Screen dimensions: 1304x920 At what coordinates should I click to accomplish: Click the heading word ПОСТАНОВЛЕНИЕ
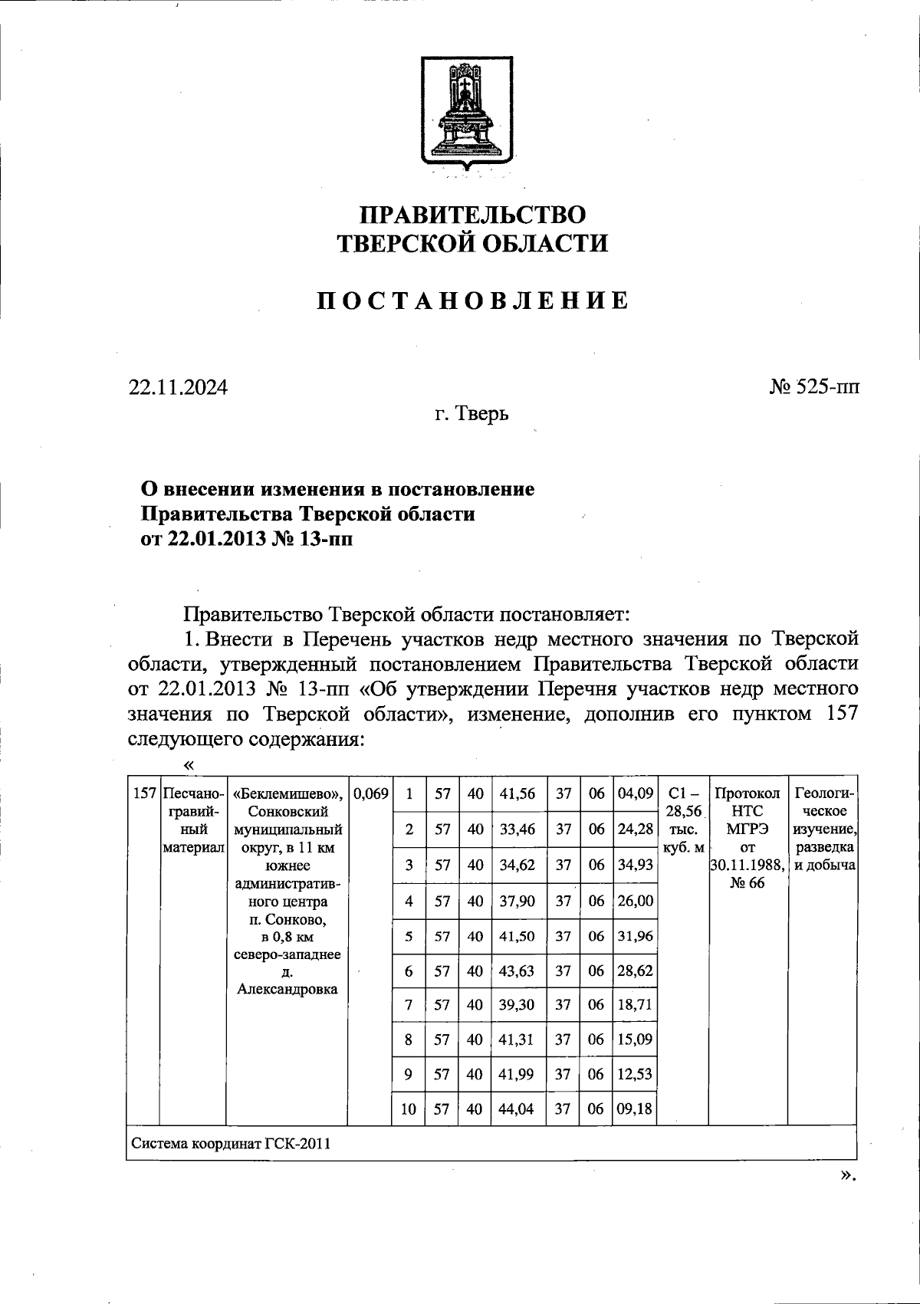473,300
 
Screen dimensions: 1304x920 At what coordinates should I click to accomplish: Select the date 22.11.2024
178,388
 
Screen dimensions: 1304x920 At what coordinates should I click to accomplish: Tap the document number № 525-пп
814,387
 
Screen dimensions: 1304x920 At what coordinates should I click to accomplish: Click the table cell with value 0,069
370,793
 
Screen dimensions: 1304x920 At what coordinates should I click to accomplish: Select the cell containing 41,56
517,794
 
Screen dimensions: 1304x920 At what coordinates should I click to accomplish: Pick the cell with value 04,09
635,794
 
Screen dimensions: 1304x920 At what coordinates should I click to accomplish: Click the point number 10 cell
409,1108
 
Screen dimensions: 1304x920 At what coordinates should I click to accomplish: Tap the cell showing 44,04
517,1108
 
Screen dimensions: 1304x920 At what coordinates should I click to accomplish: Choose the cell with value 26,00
635,901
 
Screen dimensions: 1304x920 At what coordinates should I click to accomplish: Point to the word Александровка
287,989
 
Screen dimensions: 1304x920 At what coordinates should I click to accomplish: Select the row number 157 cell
144,793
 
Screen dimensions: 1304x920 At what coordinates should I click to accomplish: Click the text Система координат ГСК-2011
231,1144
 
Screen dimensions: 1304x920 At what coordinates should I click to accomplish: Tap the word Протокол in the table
747,793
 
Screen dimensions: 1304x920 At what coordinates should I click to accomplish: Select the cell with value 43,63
517,971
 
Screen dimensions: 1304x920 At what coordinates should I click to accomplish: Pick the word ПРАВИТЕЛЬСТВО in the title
473,214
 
